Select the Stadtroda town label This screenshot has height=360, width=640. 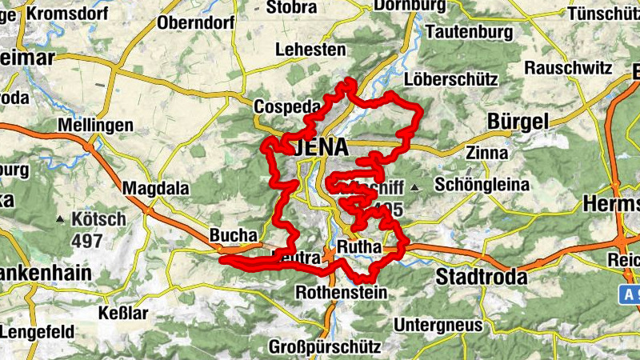(482, 278)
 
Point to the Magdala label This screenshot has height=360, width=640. (156, 189)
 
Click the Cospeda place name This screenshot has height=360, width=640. (286, 107)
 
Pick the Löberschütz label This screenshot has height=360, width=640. (451, 80)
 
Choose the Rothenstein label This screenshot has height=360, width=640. (342, 293)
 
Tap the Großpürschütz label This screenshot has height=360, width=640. (324, 348)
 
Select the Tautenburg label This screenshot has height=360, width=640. (470, 32)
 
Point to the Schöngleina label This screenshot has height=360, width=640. (482, 185)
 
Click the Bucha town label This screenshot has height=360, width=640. (234, 236)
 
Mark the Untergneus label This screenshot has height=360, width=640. (438, 325)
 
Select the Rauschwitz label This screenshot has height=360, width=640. (568, 69)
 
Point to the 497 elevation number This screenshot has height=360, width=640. (86, 240)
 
